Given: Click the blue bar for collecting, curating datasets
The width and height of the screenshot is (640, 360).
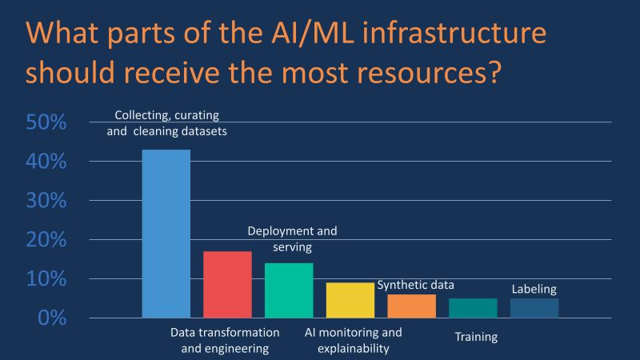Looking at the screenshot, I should (x=166, y=234).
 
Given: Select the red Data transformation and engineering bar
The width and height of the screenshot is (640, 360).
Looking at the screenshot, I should (x=227, y=285).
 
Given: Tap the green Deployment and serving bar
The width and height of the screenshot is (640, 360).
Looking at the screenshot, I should (x=289, y=290).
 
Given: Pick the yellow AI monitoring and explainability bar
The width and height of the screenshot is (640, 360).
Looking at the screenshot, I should (x=350, y=300).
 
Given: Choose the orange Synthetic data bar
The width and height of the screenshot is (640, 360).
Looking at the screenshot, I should (x=412, y=306).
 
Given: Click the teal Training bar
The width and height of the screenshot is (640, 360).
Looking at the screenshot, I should (x=473, y=308).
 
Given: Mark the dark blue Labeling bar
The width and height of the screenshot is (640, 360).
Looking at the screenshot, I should (x=534, y=308).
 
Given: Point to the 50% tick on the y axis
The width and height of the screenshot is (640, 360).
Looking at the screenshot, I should (x=46, y=122).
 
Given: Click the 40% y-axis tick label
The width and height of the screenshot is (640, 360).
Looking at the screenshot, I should (x=46, y=162).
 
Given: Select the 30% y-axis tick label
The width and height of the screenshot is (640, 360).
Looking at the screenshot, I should (x=46, y=201).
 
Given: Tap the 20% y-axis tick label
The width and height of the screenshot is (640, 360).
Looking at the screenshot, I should (x=46, y=240).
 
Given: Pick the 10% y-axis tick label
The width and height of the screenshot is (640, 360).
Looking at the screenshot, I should (x=46, y=279).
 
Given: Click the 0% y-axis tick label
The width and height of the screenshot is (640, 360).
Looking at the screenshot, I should (x=51, y=318).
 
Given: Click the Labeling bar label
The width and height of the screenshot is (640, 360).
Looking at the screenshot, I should (x=534, y=290).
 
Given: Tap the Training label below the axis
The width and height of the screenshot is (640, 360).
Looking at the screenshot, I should (x=476, y=337).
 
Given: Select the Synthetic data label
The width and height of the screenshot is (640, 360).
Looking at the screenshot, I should (x=415, y=285).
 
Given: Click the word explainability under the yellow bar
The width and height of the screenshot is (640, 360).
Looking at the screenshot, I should (x=353, y=348).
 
